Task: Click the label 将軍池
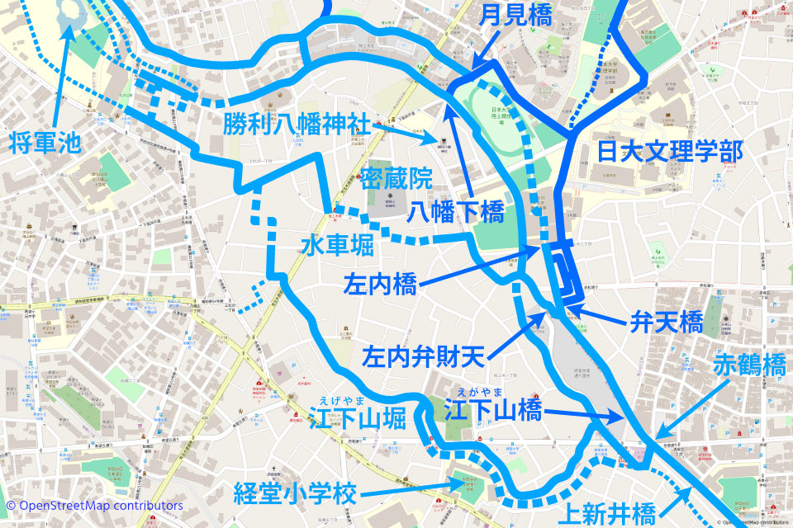pos(46,143)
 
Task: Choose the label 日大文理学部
pos(670,152)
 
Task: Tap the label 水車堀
pos(337,246)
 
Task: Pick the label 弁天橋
pos(666,322)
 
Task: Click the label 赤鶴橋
pos(750,365)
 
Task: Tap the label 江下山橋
pos(494,410)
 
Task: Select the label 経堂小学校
pos(295,495)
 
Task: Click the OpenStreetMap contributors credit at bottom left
pos(94,505)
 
